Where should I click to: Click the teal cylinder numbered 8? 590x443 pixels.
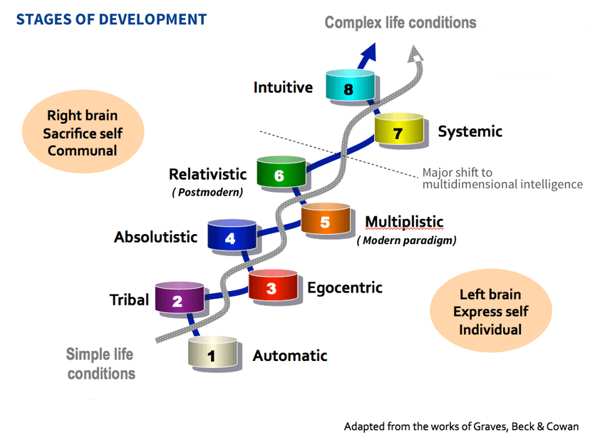click(x=348, y=86)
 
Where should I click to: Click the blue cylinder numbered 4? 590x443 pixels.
click(x=230, y=235)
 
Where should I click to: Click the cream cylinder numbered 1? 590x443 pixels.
click(x=212, y=354)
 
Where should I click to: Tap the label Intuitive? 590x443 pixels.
click(x=283, y=88)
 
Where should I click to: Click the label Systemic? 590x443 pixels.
click(x=470, y=131)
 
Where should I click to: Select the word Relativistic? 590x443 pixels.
click(x=207, y=174)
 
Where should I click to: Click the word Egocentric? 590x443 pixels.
click(x=344, y=287)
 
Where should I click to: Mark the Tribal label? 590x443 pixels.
click(x=129, y=300)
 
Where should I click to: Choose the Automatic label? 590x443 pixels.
click(x=290, y=355)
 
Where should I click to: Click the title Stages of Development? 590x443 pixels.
click(x=111, y=19)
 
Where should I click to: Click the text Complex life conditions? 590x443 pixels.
click(x=400, y=23)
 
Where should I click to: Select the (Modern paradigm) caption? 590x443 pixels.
click(x=406, y=240)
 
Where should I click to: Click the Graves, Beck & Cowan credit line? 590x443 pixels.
click(x=461, y=427)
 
